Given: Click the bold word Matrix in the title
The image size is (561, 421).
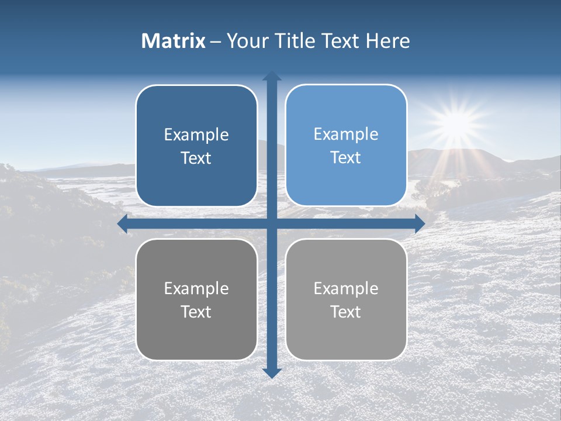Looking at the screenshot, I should (174, 41).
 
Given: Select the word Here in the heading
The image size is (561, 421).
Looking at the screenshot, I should (387, 41).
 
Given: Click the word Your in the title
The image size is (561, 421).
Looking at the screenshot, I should (245, 41).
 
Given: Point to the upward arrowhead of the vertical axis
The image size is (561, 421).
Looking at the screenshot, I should (272, 76).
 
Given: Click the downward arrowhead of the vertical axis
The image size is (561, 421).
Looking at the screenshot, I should (272, 373).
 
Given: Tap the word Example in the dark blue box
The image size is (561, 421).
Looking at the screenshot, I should (196, 135).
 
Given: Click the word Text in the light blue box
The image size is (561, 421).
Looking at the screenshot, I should (346, 158).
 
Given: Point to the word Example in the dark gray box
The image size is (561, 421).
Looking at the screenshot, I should (196, 289).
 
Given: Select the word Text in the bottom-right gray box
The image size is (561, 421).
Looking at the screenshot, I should (346, 312).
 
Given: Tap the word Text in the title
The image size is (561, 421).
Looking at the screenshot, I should (338, 41).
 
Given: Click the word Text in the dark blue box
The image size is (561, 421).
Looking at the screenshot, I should (196, 158).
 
